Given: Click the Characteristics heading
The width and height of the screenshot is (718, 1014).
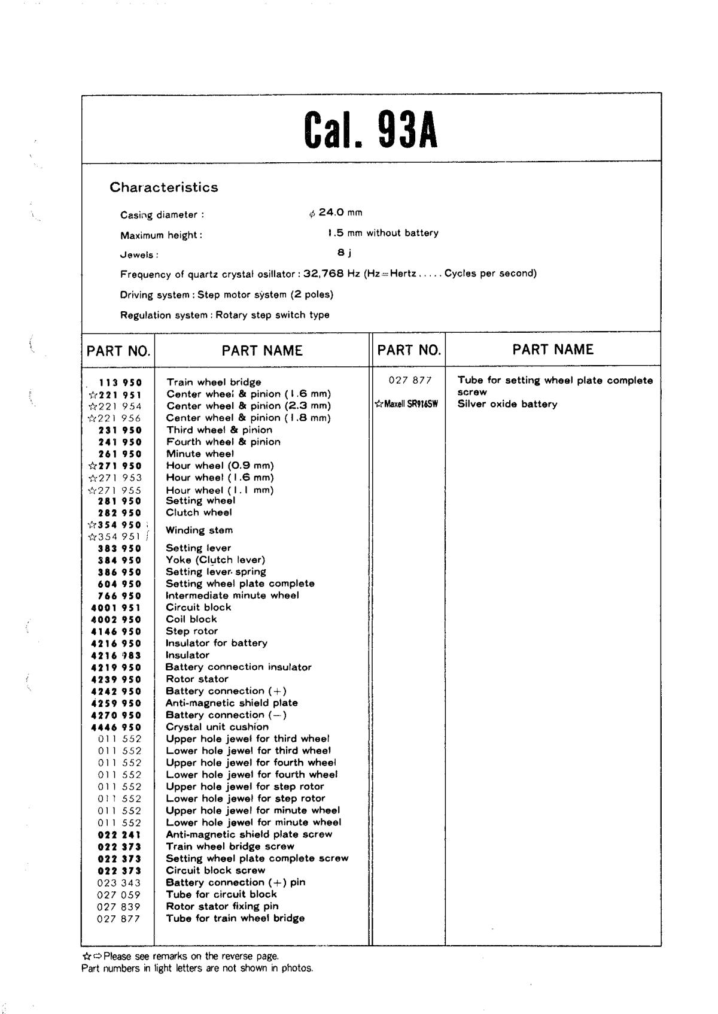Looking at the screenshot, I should pyautogui.click(x=163, y=187).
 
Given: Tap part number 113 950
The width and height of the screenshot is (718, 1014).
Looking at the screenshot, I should pyautogui.click(x=120, y=382).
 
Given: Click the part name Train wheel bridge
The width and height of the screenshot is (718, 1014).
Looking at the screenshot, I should pyautogui.click(x=214, y=382).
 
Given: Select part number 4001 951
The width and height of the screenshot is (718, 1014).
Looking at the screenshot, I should pyautogui.click(x=116, y=608).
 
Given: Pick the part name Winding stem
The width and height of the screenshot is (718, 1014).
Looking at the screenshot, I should pyautogui.click(x=199, y=530).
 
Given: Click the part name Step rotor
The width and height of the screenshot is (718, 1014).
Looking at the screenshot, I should pyautogui.click(x=191, y=631).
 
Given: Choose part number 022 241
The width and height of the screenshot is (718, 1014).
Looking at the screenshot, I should pyautogui.click(x=120, y=834).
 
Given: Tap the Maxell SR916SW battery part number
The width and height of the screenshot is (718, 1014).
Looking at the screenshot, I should pyautogui.click(x=406, y=404).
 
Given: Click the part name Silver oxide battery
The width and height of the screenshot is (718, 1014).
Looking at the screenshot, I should pyautogui.click(x=507, y=404).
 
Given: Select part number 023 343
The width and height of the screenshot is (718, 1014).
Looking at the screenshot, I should pyautogui.click(x=119, y=883).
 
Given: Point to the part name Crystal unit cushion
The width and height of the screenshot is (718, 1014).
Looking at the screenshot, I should pyautogui.click(x=217, y=727).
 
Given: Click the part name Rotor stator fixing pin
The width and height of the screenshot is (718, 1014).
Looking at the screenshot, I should pyautogui.click(x=222, y=906).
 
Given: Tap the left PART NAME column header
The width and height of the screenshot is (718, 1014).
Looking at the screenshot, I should pyautogui.click(x=262, y=351).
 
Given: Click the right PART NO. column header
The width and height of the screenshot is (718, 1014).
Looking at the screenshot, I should pyautogui.click(x=409, y=350).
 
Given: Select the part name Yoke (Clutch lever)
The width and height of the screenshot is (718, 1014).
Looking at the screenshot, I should pyautogui.click(x=215, y=560).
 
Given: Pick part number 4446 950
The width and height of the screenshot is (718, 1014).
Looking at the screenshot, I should pyautogui.click(x=116, y=727).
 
